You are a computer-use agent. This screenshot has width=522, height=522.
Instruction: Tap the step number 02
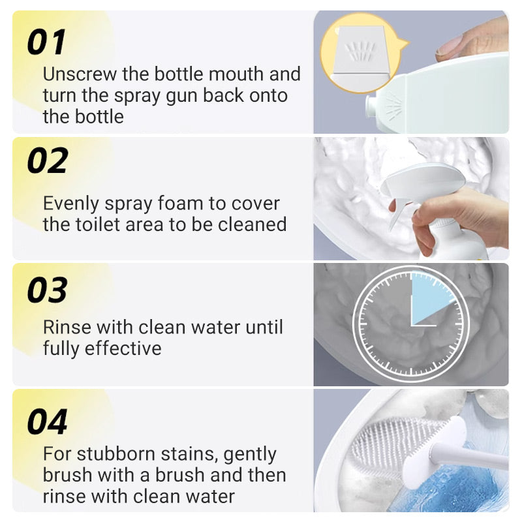(48, 161)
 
